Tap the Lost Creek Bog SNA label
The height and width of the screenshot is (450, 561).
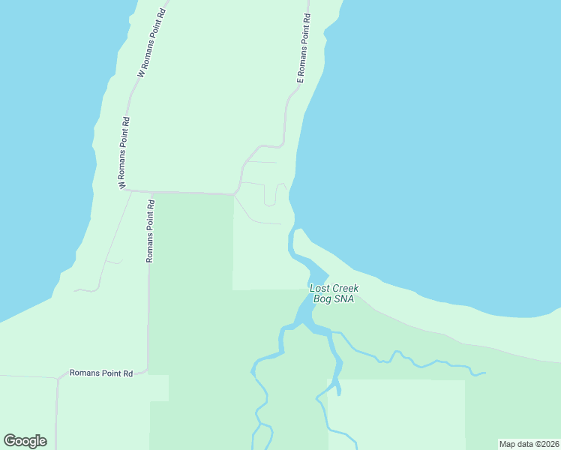(334, 293)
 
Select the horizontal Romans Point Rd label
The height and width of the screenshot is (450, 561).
(100, 373)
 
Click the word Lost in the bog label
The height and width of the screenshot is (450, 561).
(320, 288)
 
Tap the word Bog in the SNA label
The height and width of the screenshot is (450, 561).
(323, 298)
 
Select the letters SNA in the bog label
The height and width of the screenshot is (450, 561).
(345, 298)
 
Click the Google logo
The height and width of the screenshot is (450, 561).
(25, 441)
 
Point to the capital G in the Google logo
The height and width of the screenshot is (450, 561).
(10, 440)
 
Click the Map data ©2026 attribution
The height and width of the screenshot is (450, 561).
(529, 444)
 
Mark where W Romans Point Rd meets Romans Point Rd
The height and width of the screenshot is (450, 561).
(125, 190)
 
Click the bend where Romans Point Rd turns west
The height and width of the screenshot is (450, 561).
(147, 370)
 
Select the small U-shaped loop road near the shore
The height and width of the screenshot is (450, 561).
(270, 196)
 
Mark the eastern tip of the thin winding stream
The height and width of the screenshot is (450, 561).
(484, 373)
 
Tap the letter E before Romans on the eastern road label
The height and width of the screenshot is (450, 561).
(298, 79)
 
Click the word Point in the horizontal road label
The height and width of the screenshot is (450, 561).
(111, 373)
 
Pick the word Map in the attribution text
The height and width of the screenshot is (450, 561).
(508, 444)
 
